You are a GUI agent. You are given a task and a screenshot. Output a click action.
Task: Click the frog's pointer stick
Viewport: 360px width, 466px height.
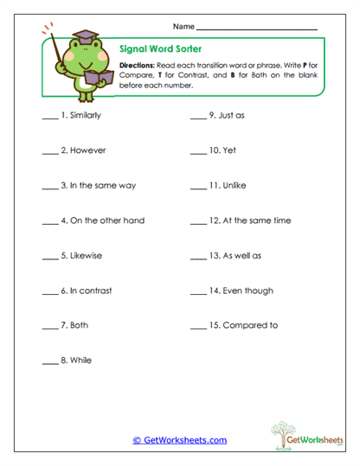[60, 52]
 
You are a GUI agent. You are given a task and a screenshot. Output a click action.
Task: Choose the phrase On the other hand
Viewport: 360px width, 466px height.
[108, 220]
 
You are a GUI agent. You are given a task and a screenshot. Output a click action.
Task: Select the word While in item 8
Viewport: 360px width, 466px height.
[80, 361]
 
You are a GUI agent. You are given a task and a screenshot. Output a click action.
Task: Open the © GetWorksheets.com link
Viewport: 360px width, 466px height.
[180, 440]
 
